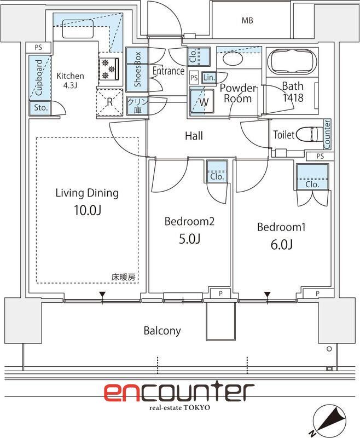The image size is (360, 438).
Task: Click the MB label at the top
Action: click(x=248, y=21)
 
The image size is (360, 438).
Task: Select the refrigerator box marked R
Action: click(x=109, y=102)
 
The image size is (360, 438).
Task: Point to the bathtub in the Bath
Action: click(x=291, y=61)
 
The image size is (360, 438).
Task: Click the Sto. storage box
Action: click(x=40, y=108)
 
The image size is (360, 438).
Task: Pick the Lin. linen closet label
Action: click(x=208, y=78)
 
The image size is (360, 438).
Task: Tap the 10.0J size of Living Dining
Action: click(x=87, y=210)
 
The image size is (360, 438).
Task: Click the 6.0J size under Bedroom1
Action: click(x=281, y=245)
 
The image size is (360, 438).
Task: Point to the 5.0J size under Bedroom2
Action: click(x=189, y=239)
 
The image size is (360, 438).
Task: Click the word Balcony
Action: click(x=162, y=331)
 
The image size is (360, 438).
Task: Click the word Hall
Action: click(x=194, y=135)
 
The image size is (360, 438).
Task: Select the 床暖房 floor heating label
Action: click(x=123, y=278)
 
